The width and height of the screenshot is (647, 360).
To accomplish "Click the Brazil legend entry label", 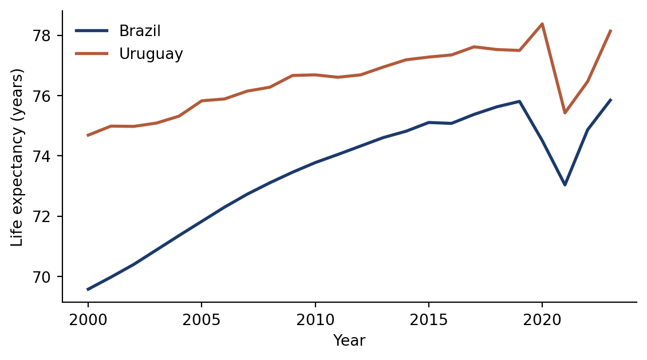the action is [140, 31].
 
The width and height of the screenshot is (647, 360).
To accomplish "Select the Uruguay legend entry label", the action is [151, 54].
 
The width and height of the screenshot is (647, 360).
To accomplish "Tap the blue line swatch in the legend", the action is [92, 30].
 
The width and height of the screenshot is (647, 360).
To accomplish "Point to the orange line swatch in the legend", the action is [92, 54].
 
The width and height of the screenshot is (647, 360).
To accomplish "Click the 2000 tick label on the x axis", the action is [88, 320].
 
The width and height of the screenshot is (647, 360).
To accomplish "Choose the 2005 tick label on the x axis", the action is [202, 320].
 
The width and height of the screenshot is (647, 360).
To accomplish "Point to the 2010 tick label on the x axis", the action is [315, 320].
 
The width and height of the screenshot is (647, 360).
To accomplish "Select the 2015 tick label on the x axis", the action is [429, 320].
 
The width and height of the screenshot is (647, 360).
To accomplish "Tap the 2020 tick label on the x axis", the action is [542, 320].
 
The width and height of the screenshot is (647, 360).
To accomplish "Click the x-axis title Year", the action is [349, 341].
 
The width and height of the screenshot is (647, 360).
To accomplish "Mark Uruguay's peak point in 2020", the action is [542, 23].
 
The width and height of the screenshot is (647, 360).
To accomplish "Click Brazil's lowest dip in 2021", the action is [565, 185].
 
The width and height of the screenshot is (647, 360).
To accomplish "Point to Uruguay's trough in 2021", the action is [565, 113].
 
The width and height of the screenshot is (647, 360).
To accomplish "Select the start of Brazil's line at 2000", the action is [88, 290].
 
